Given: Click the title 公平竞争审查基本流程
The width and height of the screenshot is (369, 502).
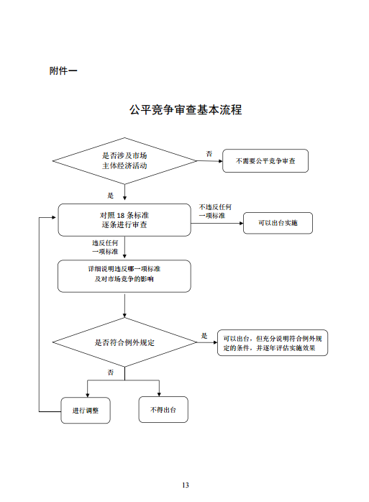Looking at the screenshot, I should coord(185,110).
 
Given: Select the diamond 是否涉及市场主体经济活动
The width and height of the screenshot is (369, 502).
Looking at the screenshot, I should coord(125,160).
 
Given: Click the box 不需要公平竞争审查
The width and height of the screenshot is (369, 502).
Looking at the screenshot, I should coord(265,161).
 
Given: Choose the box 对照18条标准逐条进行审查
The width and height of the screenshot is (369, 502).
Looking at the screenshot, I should coord(124,219).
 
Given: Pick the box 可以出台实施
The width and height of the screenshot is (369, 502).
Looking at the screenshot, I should coord(278,224).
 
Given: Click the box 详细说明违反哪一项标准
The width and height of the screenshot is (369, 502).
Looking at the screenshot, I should coord(124,275).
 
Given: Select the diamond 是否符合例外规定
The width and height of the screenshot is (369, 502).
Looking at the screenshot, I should coord(125,342).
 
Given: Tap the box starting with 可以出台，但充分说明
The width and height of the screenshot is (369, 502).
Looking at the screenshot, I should coord(273,343).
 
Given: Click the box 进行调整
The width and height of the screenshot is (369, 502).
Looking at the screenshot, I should coord(86,410).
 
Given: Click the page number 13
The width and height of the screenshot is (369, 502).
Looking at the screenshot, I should coord(185,485).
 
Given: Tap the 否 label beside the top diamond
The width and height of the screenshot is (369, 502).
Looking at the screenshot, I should coord(209,154).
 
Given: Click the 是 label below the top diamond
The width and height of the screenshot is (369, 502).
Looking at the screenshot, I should coord(110,194).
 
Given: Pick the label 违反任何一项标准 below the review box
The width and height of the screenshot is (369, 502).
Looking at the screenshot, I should coord(104,247).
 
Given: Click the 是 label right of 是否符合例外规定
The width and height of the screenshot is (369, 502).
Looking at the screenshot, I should coord(204,336).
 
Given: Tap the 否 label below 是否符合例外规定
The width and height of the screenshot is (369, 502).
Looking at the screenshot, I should coord(111,373).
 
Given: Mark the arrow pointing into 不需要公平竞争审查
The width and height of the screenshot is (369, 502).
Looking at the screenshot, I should coord(212,161).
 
